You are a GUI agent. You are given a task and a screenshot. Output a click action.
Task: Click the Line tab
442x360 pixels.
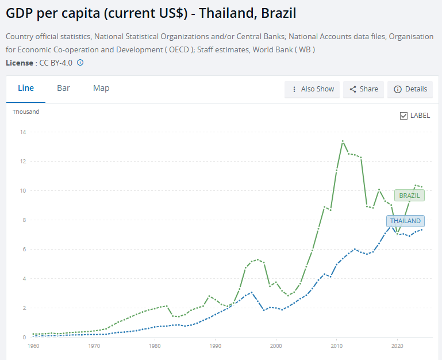pos(26,88)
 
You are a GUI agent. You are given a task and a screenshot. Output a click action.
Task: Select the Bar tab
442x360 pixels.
pos(63,88)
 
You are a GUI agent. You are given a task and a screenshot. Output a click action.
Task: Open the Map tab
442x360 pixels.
pos(101,88)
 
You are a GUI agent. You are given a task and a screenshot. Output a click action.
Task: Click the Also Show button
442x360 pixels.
pos(313,89)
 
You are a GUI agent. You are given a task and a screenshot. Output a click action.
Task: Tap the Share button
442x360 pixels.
pos(364,89)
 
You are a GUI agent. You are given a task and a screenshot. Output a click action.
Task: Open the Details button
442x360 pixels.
pos(410,89)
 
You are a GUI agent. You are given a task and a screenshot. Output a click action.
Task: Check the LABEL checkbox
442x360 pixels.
pos(404,116)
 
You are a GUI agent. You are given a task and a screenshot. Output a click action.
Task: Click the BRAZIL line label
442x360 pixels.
pos(409,196)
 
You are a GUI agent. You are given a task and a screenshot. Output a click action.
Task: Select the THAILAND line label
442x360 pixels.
pos(405,221)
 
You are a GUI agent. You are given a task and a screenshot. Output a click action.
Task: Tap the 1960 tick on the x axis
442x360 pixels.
pos(33,347)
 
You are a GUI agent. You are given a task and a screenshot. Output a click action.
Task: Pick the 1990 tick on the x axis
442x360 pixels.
pos(215,347)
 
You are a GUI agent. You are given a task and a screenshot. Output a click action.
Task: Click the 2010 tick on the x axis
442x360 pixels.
pos(336,347)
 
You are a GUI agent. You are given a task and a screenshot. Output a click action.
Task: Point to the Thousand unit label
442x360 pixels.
pos(26,112)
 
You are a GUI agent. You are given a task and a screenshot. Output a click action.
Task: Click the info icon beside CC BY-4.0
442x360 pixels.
pos(80,62)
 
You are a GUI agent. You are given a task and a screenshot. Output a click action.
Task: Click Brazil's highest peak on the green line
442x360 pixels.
pos(343,141)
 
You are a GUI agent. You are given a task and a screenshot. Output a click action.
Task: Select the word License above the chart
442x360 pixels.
pos(19,62)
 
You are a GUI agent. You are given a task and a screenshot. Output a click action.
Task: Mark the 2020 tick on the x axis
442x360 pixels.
pos(397,347)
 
